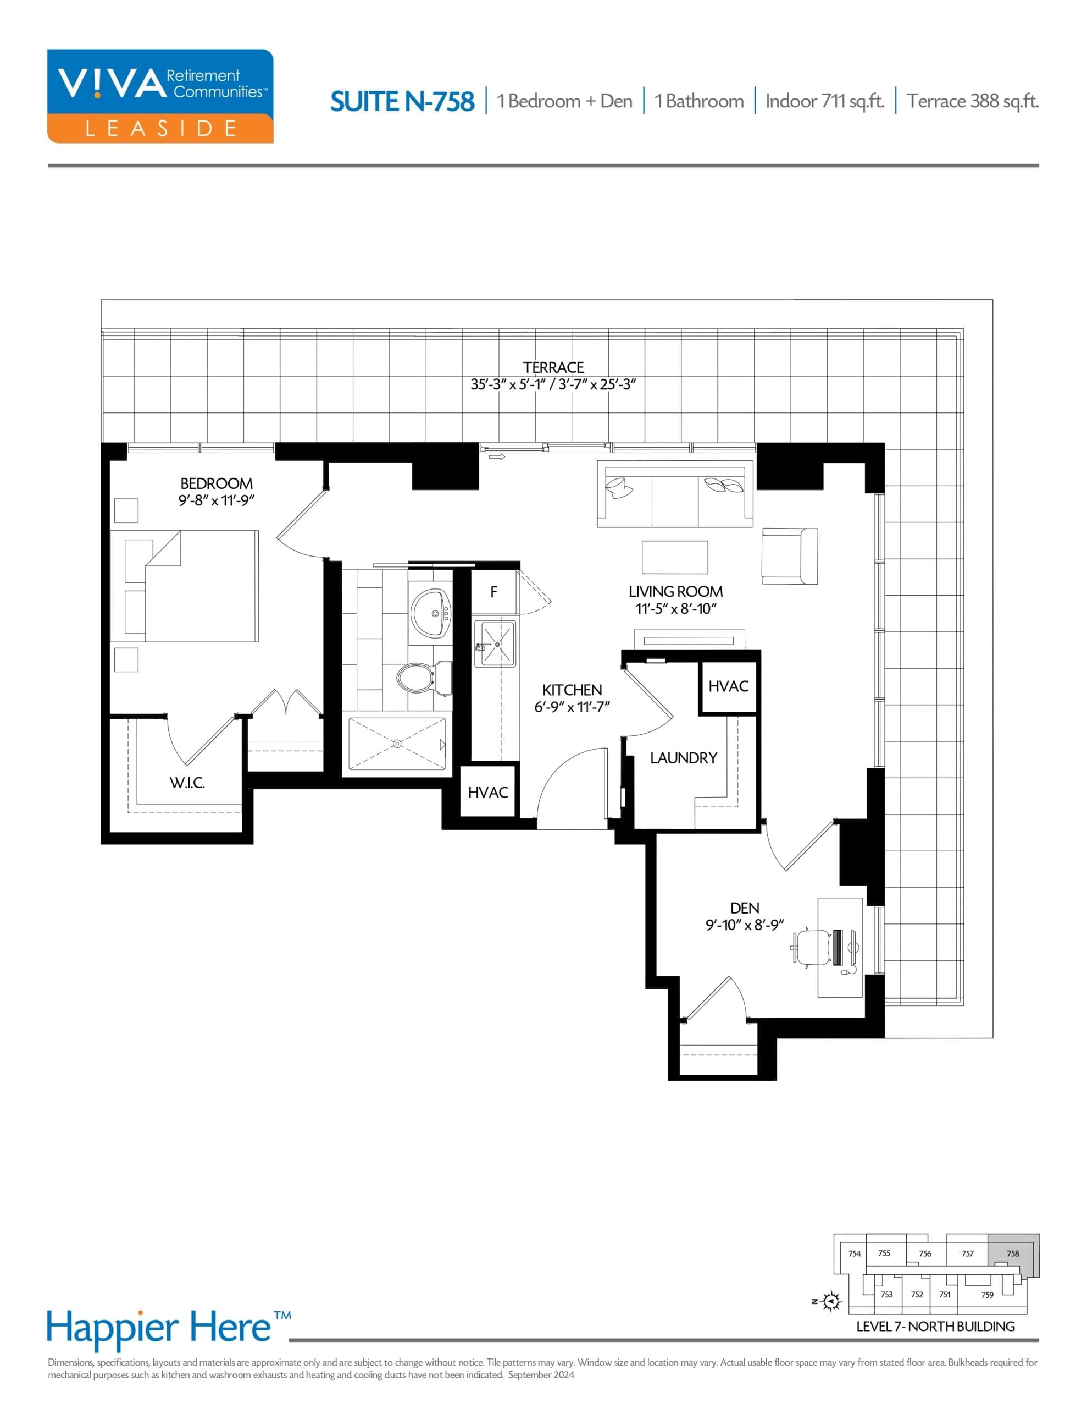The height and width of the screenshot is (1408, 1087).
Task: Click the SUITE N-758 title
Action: click(x=402, y=101)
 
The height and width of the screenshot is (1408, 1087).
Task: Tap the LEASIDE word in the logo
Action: click(x=160, y=128)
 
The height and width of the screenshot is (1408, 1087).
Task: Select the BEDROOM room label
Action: click(x=217, y=483)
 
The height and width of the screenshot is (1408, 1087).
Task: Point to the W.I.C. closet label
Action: click(x=187, y=783)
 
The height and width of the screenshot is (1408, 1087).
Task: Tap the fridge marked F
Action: click(x=493, y=592)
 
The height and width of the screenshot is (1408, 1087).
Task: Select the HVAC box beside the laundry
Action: click(x=728, y=686)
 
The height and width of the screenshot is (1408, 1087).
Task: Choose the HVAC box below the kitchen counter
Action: click(x=488, y=793)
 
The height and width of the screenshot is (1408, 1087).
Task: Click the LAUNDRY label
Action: click(x=683, y=758)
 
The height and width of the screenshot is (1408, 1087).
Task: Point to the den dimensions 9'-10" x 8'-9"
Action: click(x=744, y=925)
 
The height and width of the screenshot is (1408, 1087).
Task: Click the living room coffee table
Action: click(x=675, y=557)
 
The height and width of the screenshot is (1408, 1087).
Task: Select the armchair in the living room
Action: click(x=789, y=555)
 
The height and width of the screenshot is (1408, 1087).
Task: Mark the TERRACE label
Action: click(x=553, y=367)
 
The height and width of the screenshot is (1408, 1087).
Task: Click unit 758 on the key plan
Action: click(x=1013, y=1253)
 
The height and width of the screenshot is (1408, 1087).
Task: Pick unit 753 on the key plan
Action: click(x=886, y=1295)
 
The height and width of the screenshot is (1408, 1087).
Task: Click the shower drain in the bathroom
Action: click(x=397, y=744)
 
